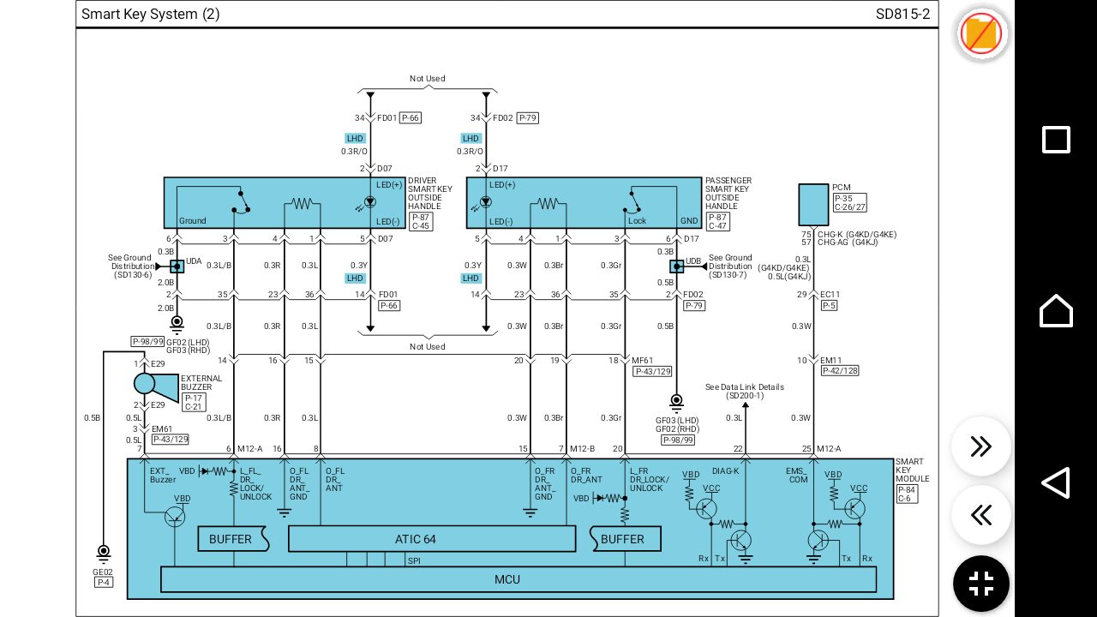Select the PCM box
[x=812, y=204]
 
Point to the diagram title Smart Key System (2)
[x=150, y=14]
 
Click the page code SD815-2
[x=902, y=14]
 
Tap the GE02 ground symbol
[x=103, y=552]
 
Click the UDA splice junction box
[x=177, y=267]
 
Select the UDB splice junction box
[x=676, y=267]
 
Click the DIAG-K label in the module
[x=725, y=470]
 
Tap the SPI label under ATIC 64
[x=414, y=560]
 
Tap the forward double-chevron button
[x=981, y=446]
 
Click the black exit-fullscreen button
[x=981, y=584]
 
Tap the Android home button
[x=1056, y=310]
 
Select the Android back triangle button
[x=1056, y=482]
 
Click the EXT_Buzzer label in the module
[x=163, y=475]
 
